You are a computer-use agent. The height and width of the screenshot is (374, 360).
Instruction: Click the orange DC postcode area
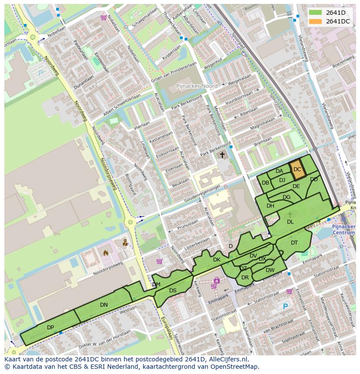point(297,170)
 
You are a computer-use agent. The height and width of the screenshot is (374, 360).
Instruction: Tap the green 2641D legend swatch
point(316,13)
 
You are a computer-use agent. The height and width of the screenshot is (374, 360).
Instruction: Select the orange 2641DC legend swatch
point(316,21)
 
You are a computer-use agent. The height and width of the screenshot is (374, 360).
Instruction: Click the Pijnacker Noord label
point(197,86)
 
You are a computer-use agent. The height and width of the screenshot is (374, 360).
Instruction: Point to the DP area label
point(50,327)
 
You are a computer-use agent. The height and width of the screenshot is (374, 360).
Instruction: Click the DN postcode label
point(103,305)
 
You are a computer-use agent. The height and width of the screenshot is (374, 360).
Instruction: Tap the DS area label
point(173,291)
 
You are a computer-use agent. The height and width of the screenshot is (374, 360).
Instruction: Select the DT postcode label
point(294,243)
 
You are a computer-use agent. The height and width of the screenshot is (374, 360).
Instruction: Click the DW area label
point(270,270)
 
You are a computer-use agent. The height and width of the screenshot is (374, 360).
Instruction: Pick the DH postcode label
point(270,206)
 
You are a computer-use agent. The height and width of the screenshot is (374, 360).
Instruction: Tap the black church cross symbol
point(222,155)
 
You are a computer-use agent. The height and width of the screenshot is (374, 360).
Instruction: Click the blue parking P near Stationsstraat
point(285,307)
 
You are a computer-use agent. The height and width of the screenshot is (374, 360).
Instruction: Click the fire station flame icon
point(106,252)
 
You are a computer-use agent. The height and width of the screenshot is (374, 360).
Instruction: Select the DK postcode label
point(217,260)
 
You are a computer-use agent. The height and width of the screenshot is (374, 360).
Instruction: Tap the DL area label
point(290,222)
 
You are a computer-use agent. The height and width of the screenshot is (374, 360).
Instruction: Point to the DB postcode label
point(265,183)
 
